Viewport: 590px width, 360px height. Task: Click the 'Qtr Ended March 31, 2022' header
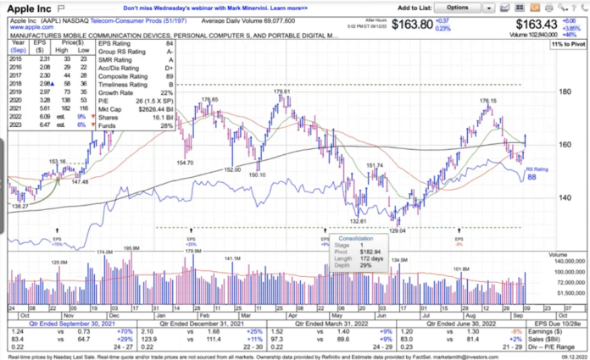[328, 324]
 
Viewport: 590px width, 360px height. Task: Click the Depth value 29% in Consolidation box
[363, 266]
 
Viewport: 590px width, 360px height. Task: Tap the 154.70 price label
[185, 162]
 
